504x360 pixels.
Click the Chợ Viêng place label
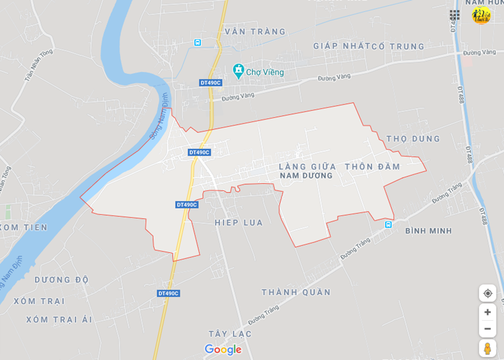click(264, 72)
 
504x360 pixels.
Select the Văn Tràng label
click(255, 32)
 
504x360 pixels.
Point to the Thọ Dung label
click(413, 139)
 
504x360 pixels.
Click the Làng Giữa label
click(307, 166)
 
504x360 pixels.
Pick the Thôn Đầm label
click(372, 166)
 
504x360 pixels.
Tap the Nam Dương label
click(306, 176)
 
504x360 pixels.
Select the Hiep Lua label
click(238, 222)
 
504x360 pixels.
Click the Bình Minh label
click(428, 231)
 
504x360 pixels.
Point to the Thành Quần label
click(296, 292)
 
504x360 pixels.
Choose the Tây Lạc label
click(230, 334)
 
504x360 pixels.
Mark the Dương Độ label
click(62, 280)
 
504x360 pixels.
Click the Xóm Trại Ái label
click(59, 320)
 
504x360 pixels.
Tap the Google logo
click(223, 349)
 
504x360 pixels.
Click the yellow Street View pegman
click(487, 348)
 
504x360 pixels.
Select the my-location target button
click(487, 293)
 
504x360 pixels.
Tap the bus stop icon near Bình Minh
click(388, 224)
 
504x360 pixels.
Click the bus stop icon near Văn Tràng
click(197, 42)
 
